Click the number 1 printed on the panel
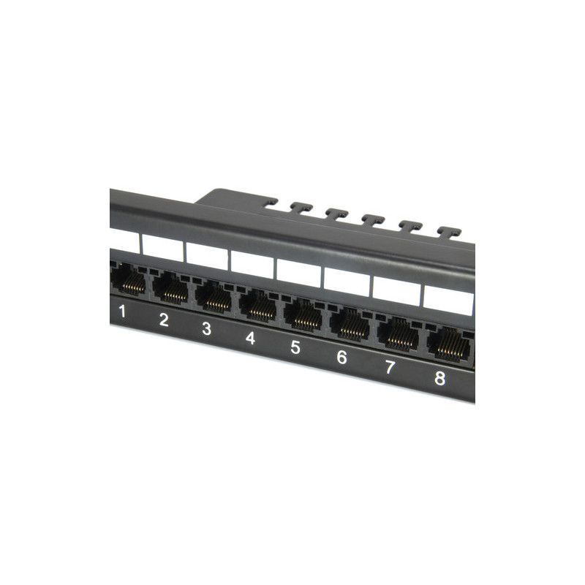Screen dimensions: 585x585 click(122, 312)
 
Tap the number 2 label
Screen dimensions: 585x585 click(164, 320)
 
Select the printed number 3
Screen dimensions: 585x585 click(206, 328)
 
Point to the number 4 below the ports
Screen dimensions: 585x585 click(250, 338)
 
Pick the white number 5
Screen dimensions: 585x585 click(295, 347)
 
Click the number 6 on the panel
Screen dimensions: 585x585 click(341, 357)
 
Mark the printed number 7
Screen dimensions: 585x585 click(390, 367)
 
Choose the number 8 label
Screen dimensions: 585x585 click(440, 378)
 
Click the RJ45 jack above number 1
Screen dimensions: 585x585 click(128, 279)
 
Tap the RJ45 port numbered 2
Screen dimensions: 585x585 click(170, 287)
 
